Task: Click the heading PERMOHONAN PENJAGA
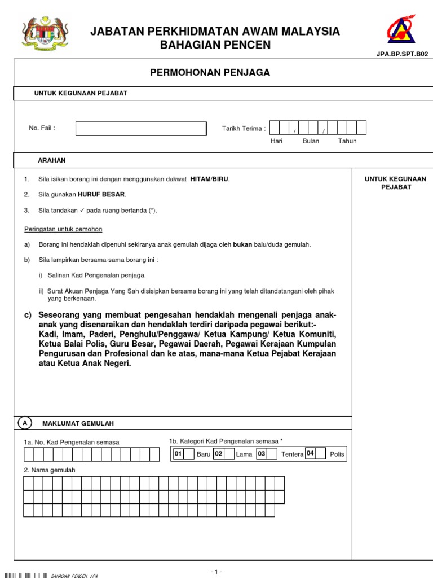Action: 210,73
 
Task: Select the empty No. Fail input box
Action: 141,129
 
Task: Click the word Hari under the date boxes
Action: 276,141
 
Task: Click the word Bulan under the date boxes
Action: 311,141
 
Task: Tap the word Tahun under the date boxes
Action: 347,141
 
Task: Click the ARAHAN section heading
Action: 52,160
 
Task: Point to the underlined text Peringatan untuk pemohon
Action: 63,229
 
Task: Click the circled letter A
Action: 25,423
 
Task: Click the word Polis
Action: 337,454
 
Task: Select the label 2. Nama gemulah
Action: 50,470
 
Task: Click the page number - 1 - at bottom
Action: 216,571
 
